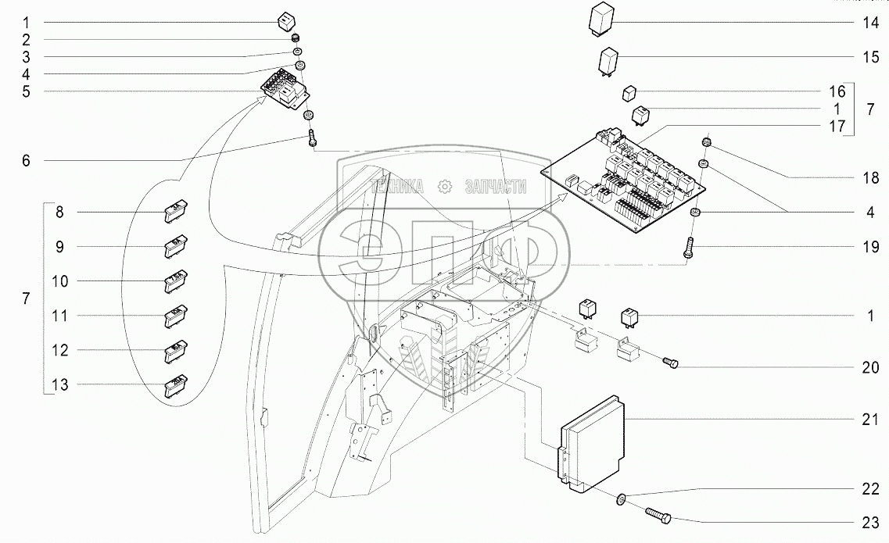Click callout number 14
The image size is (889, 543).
click(x=871, y=23)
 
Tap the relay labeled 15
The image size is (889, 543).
click(x=610, y=60)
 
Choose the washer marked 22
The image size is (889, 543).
click(x=620, y=498)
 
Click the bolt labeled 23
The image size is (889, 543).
click(x=660, y=517)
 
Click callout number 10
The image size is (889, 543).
click(x=61, y=280)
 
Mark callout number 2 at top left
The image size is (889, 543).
click(x=26, y=39)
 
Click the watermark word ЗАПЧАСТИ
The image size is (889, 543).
click(x=495, y=186)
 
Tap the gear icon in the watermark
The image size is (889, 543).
click(x=445, y=186)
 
